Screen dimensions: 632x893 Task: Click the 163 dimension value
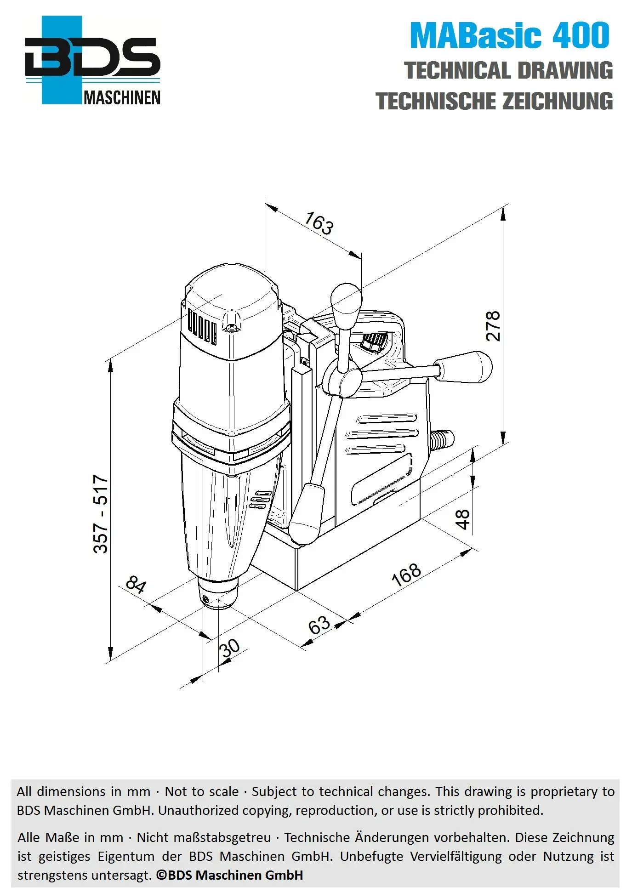tap(319, 223)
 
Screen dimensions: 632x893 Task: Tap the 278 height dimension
tap(493, 326)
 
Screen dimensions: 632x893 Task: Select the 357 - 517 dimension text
tap(101, 514)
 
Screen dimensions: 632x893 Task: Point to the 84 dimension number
tap(136, 584)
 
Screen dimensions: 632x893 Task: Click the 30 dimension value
tap(229, 648)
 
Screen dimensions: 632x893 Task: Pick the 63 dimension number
tap(319, 625)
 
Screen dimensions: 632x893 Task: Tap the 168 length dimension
tap(406, 574)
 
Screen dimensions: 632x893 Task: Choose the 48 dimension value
tap(462, 519)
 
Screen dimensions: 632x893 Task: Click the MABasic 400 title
tap(510, 35)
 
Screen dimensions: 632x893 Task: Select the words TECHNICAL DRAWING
tap(508, 71)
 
